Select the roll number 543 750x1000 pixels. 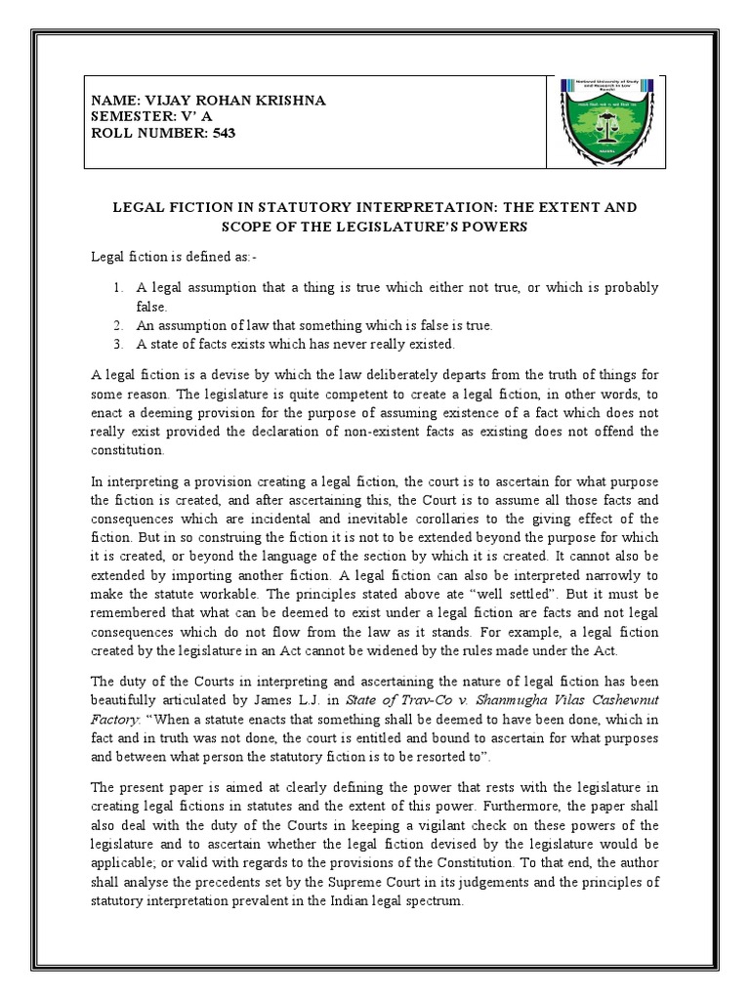pyautogui.click(x=222, y=132)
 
